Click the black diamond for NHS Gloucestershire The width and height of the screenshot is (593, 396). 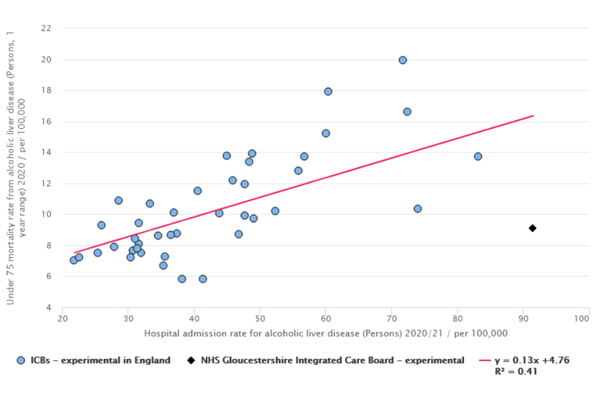click(532, 228)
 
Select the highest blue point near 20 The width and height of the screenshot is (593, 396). click(403, 60)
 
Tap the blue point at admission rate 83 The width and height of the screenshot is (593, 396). click(477, 157)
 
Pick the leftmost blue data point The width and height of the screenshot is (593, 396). click(74, 260)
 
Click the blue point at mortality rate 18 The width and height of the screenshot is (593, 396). click(328, 92)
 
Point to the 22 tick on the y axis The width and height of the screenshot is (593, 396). click(46, 28)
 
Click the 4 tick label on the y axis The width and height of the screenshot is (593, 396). click(49, 308)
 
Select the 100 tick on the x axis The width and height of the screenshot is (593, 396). click(581, 319)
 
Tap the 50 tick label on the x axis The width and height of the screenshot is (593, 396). click(259, 319)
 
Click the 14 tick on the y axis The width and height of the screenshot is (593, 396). click(46, 153)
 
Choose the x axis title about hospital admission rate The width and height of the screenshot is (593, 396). click(326, 334)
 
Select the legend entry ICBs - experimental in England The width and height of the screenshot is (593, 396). click(100, 360)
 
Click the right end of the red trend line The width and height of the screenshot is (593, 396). click(533, 116)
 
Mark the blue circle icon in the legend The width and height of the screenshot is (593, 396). click(22, 360)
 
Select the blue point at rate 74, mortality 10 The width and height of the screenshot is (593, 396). click(418, 209)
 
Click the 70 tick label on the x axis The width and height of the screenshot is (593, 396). click(391, 319)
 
